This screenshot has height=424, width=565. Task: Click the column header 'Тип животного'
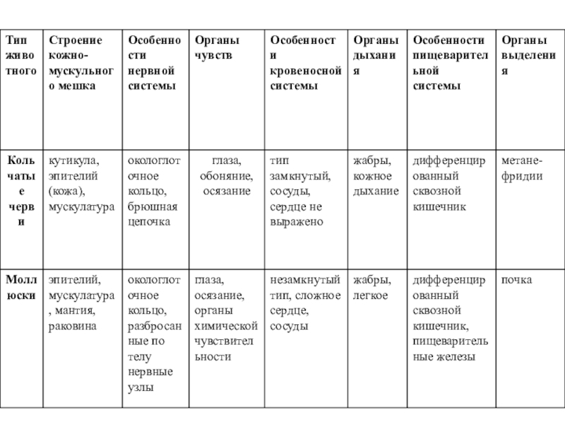pos(20,56)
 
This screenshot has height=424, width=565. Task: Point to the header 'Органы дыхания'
pos(375,56)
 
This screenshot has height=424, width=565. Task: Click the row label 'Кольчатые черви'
pos(20,191)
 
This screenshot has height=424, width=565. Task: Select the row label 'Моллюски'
pos(20,288)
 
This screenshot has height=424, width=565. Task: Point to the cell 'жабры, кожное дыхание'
pos(375,176)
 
